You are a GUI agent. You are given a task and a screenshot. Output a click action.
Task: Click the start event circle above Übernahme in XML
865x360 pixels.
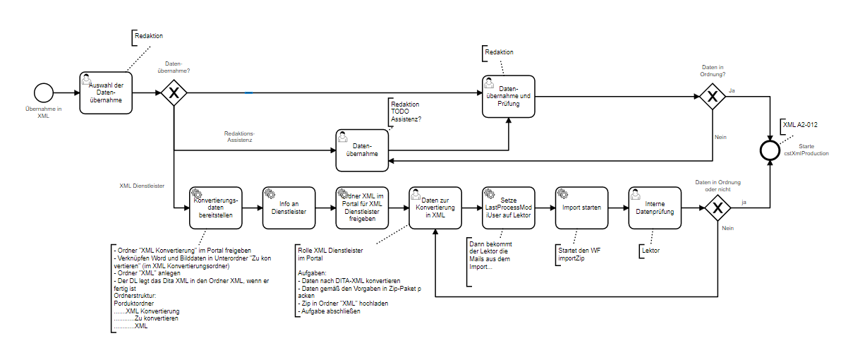tap(44, 93)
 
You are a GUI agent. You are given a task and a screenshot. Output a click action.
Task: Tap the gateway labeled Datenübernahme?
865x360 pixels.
tap(174, 93)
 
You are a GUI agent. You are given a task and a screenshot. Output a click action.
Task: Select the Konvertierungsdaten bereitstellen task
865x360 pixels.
tap(216, 208)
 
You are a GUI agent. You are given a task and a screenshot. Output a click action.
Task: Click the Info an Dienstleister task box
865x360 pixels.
tap(289, 208)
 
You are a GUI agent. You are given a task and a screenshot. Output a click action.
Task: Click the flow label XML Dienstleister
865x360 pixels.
tap(143, 186)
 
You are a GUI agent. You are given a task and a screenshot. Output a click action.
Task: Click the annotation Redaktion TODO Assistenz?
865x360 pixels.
tap(406, 112)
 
